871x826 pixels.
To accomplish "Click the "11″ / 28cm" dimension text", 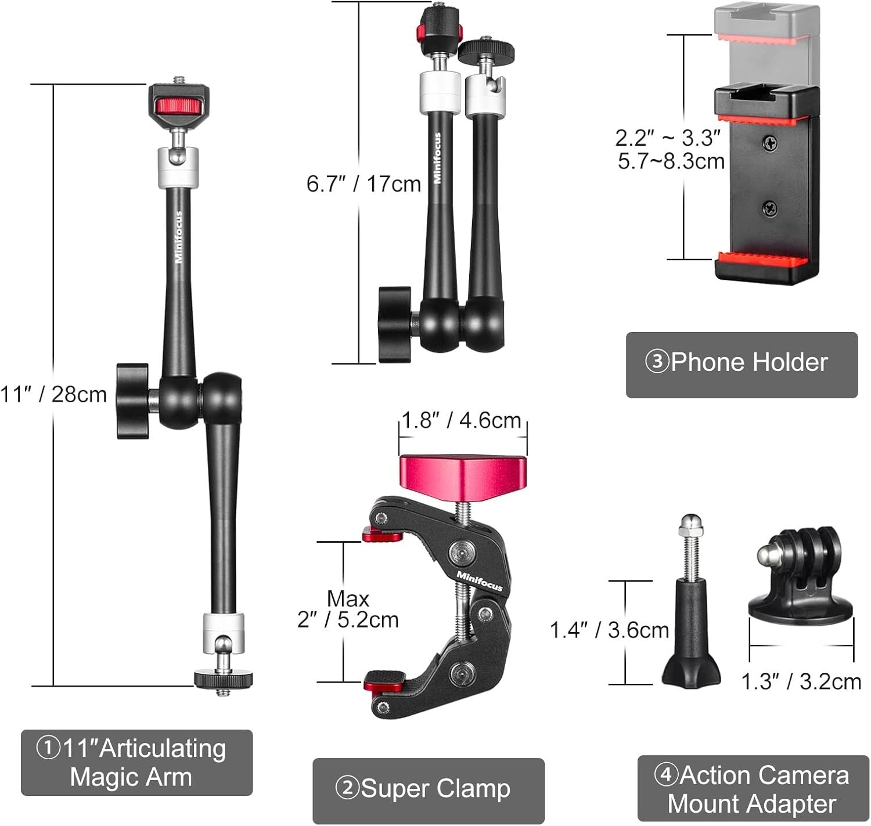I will (53, 394).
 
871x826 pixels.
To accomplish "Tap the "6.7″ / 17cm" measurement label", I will (363, 184).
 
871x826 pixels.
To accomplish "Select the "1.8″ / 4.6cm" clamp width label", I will (462, 420).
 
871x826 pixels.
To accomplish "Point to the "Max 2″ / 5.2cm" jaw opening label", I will (348, 609).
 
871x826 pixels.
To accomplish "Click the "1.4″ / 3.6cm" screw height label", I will (609, 630).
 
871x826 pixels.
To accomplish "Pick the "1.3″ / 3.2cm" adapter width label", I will (801, 681).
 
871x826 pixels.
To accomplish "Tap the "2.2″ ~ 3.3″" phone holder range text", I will (668, 138).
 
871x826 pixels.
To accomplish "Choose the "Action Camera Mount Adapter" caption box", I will (753, 789).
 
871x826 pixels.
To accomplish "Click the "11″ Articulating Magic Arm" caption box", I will (136, 762).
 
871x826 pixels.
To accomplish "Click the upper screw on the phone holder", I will (771, 142).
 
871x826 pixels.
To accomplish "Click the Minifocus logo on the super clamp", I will (480, 581).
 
